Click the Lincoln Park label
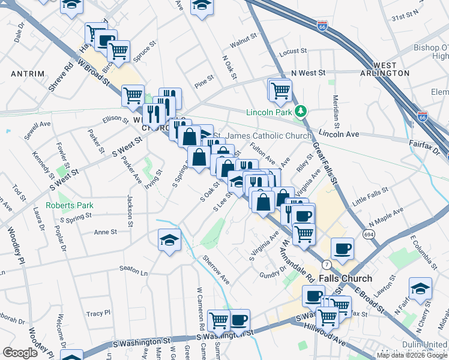(269, 112)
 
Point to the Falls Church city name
(345, 279)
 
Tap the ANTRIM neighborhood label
(28, 74)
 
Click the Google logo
(20, 353)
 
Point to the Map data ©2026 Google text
(412, 355)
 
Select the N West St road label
(307, 73)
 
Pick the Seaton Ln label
(133, 271)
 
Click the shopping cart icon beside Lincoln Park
(280, 91)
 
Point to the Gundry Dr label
(268, 275)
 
